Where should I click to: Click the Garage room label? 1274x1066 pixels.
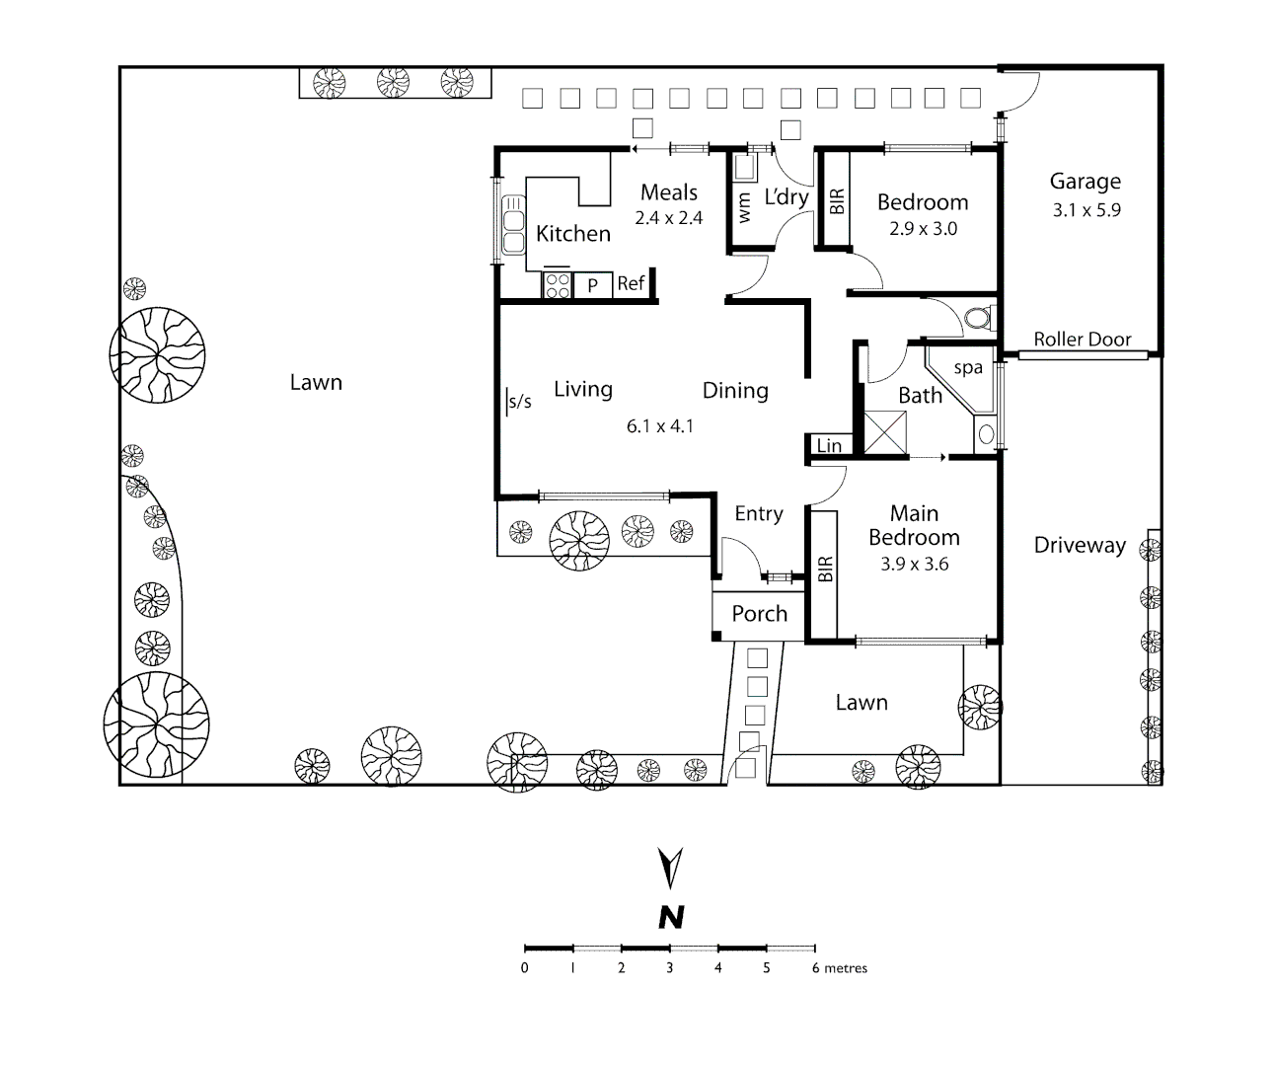(x=1085, y=182)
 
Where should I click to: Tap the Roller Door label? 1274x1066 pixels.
(x=1083, y=340)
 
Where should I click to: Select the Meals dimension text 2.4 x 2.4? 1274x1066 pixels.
(x=668, y=218)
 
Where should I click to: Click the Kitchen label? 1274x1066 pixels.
(x=573, y=234)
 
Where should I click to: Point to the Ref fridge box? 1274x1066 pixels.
(x=631, y=284)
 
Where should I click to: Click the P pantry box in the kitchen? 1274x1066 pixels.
(x=592, y=285)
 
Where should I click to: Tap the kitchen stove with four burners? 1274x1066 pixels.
(x=557, y=285)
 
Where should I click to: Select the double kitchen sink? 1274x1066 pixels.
(x=513, y=225)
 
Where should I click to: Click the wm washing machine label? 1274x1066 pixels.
(x=745, y=207)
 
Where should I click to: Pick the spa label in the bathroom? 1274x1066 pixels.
(x=968, y=368)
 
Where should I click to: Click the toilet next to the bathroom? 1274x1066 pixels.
(x=976, y=318)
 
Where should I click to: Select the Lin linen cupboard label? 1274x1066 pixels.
(x=829, y=446)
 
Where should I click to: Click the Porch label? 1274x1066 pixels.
(x=759, y=614)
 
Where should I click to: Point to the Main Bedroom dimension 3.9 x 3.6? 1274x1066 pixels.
(x=914, y=565)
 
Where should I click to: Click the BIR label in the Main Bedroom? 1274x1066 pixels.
(x=825, y=571)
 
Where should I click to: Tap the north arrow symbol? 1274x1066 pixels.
(x=671, y=868)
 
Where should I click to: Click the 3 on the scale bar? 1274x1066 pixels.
(x=669, y=968)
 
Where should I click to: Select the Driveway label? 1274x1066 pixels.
(x=1080, y=545)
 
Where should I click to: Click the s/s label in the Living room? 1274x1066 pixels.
(x=519, y=401)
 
